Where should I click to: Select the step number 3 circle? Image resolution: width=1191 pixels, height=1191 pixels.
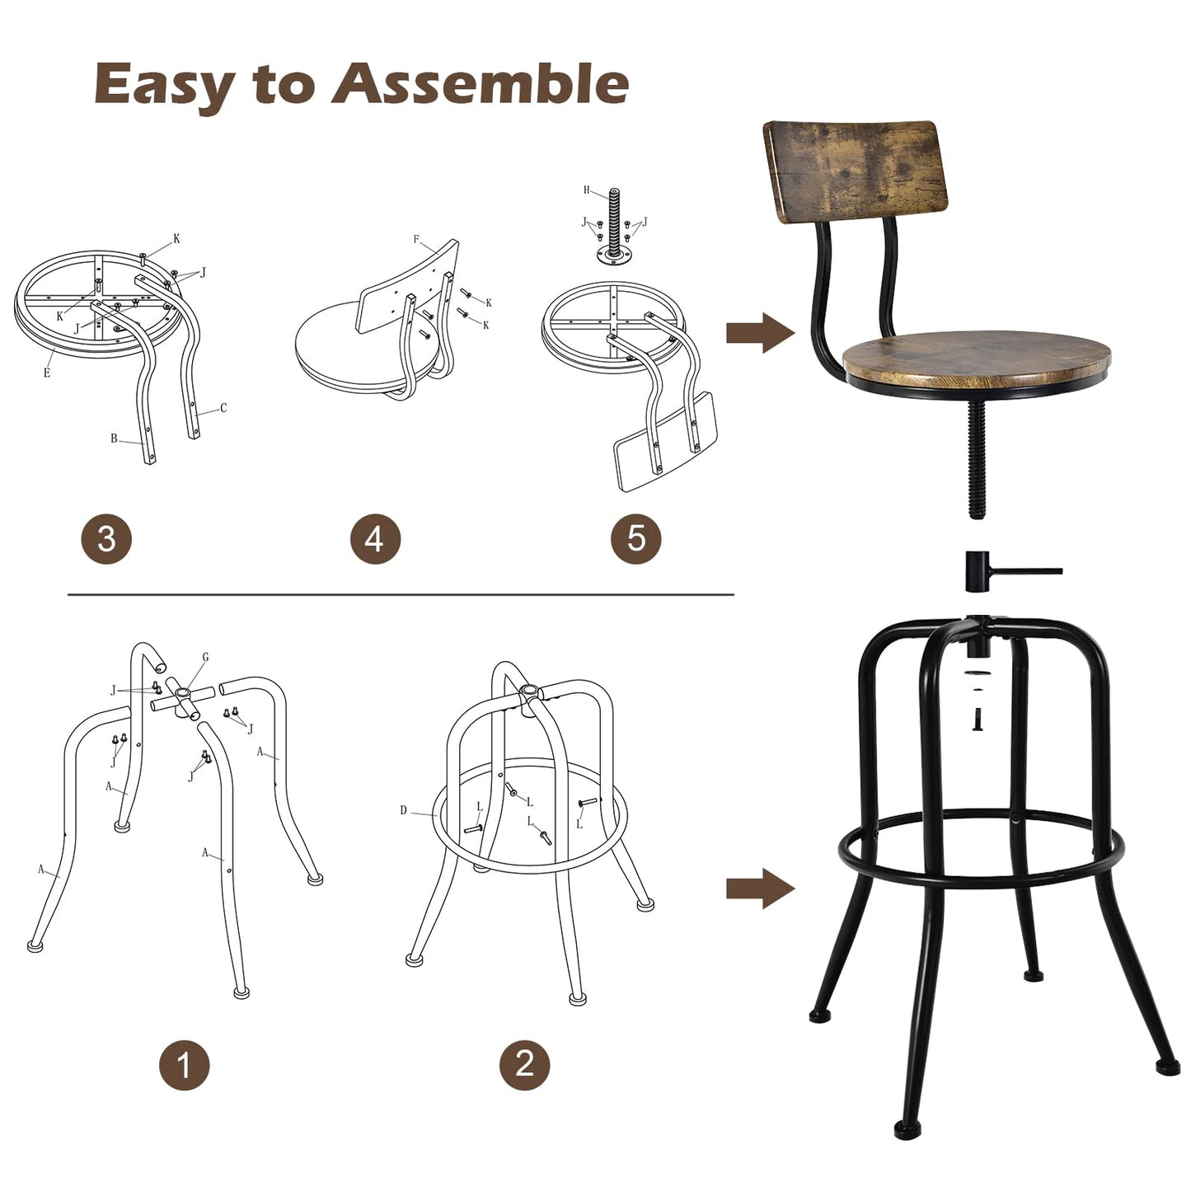[106, 539]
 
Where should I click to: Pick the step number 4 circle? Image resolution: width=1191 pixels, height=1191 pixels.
[375, 539]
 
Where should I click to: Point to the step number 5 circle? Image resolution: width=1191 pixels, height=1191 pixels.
[635, 539]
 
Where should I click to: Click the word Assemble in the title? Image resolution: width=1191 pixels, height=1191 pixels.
[480, 85]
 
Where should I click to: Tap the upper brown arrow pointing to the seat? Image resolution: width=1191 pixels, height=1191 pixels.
[759, 333]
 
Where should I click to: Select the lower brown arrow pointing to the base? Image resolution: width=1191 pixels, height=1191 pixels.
[759, 889]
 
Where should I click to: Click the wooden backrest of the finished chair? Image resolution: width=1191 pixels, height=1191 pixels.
[855, 169]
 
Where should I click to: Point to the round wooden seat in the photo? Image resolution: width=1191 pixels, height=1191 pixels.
[978, 358]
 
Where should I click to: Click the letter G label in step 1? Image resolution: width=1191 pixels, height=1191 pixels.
[205, 657]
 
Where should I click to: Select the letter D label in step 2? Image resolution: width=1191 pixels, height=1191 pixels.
[403, 810]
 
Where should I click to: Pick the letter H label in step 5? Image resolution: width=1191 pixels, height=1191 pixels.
[587, 190]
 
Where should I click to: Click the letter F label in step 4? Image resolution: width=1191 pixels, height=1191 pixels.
[416, 240]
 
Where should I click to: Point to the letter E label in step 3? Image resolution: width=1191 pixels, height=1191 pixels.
[47, 373]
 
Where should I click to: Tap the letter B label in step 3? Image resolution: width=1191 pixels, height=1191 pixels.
[114, 438]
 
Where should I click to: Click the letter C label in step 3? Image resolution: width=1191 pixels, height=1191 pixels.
[223, 408]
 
